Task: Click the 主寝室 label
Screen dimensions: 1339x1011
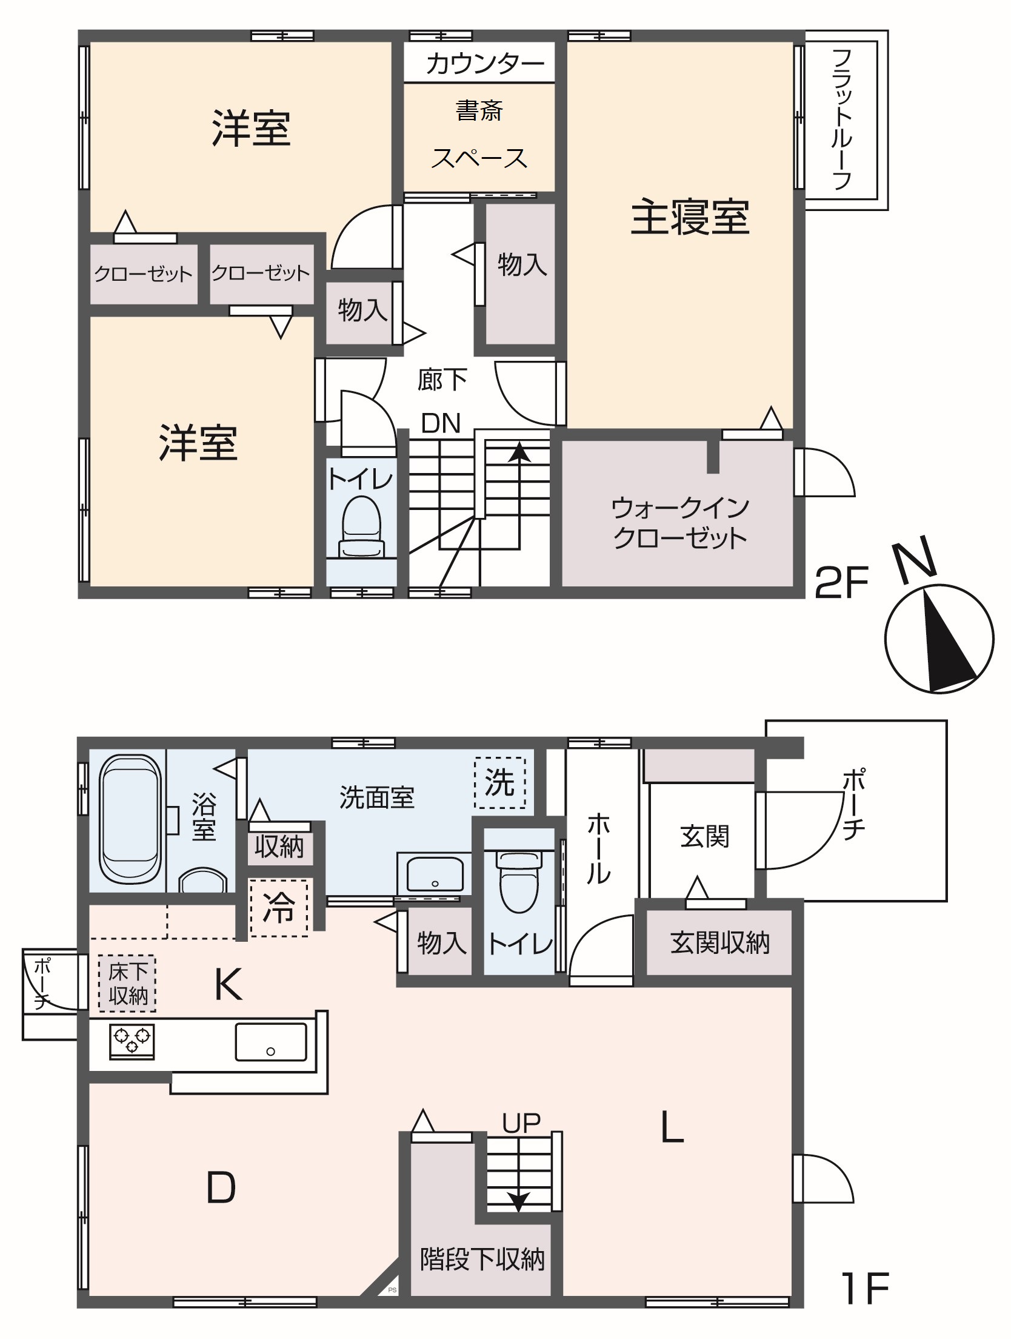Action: point(690,217)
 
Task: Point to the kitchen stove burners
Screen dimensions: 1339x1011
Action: point(132,1041)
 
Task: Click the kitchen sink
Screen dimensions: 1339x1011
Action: point(270,1042)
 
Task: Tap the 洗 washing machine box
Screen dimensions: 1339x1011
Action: point(499,782)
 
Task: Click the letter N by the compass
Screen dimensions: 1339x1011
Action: point(915,556)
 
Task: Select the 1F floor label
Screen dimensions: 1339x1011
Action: point(866,1288)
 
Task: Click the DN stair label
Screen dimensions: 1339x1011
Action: point(441,423)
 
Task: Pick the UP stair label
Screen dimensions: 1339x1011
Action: point(521,1124)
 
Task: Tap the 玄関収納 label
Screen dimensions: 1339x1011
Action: point(719,943)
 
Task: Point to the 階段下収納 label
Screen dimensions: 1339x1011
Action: point(482,1260)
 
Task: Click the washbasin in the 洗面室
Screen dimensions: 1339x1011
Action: point(435,874)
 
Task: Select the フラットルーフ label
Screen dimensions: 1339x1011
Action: point(842,119)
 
